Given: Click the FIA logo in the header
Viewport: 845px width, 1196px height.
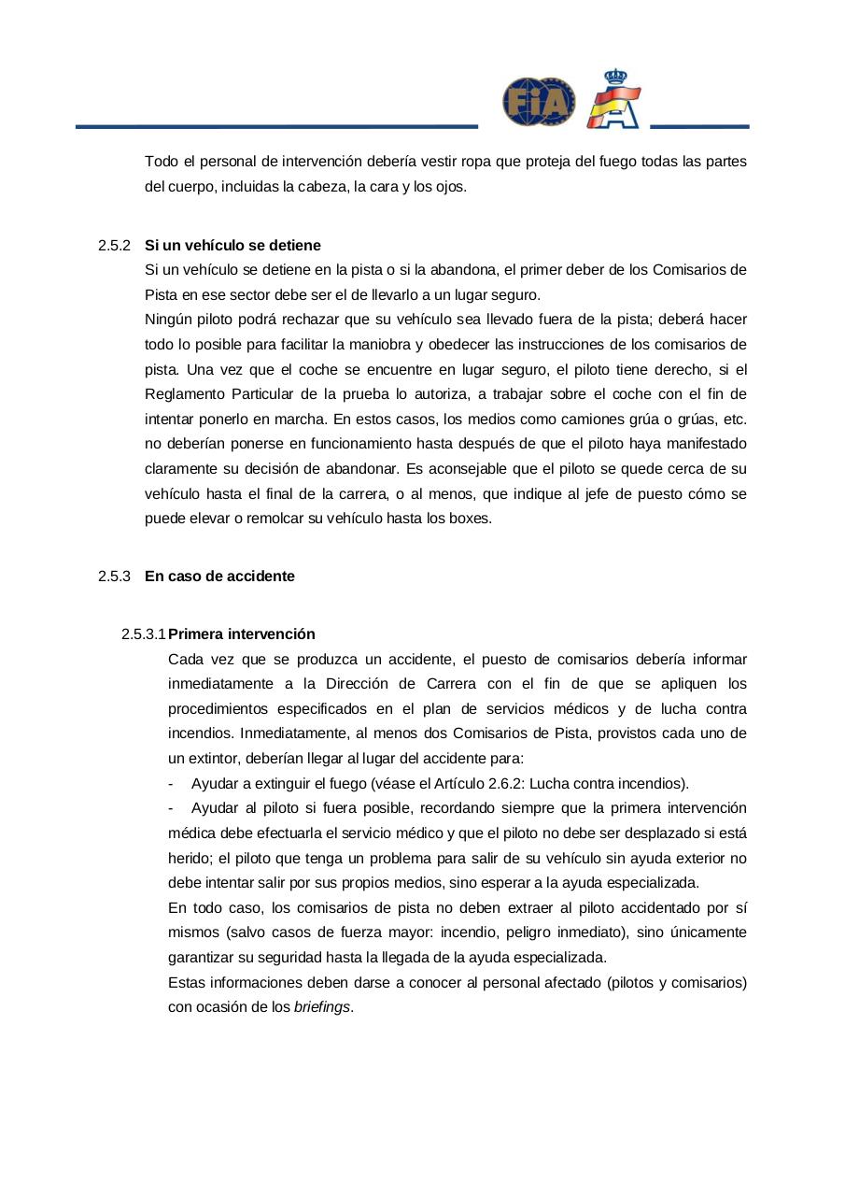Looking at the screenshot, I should coord(539,102).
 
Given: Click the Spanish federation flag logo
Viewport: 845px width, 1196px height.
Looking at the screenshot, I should coord(613,99).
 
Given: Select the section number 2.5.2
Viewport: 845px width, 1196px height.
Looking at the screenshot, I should coord(113,245).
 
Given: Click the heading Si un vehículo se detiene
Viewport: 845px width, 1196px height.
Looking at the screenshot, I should coord(232,245).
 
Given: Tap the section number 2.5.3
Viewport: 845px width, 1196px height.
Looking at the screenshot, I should coord(113,576).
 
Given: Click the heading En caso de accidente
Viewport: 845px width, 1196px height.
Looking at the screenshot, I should coord(219,576).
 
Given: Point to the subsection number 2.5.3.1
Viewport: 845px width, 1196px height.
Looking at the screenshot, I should coord(143,634).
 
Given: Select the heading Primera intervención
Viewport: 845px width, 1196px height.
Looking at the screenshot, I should coord(242,634).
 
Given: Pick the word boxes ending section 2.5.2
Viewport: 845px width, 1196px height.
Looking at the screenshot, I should coord(469,518).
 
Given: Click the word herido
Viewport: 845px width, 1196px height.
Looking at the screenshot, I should coord(188,858).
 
